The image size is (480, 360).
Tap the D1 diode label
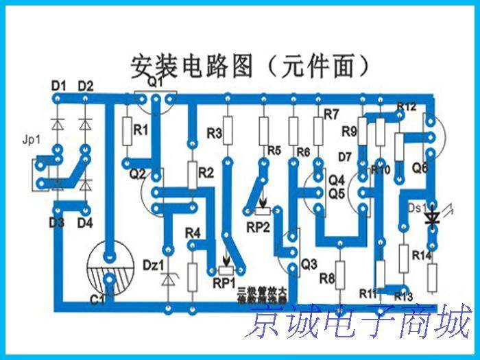point(58,86)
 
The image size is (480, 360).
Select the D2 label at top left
point(85,86)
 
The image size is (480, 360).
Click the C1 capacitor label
point(97,299)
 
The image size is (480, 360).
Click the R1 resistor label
point(141,130)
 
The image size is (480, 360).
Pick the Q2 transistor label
point(138,173)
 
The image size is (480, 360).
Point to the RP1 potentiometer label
point(224,282)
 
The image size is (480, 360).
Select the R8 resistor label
point(327,279)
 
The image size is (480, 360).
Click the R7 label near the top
point(332,113)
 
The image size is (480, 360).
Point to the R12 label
point(406,107)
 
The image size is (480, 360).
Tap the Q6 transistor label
point(420,167)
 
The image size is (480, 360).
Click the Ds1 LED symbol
point(431,217)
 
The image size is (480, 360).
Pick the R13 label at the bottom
point(403,296)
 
